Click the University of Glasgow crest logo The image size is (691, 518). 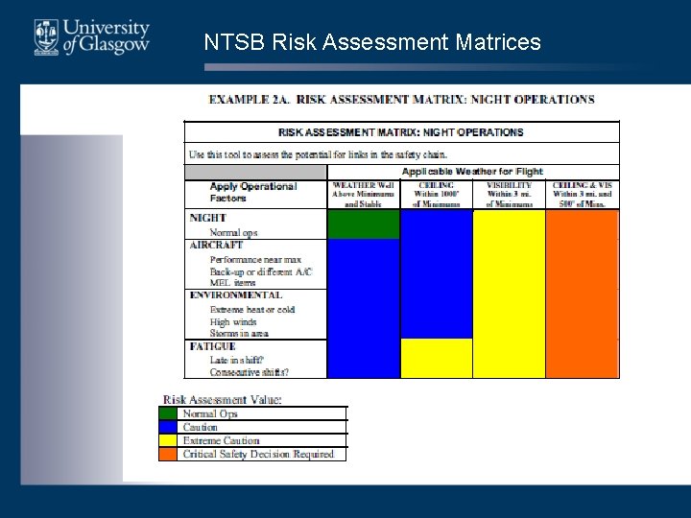point(45,36)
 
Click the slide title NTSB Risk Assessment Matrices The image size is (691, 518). point(372,42)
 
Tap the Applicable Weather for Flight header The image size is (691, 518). point(472,172)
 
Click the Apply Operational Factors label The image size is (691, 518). point(253,193)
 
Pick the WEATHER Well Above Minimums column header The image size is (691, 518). point(363,194)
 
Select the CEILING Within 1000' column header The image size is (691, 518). point(436,194)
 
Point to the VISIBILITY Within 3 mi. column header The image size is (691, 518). point(509,194)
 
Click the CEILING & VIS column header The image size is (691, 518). point(582,194)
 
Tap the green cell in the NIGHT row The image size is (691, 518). point(363,224)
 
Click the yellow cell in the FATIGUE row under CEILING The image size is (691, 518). point(436,358)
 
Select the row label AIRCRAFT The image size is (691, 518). point(216,246)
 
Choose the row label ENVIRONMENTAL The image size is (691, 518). point(235,295)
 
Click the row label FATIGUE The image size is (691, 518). point(213,346)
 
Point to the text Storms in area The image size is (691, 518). point(239,334)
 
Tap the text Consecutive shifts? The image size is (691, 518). point(249,372)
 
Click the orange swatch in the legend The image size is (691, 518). point(169,455)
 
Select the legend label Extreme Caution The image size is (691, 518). point(221,441)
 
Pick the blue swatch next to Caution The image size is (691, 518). point(169,428)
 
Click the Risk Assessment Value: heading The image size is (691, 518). point(222,400)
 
